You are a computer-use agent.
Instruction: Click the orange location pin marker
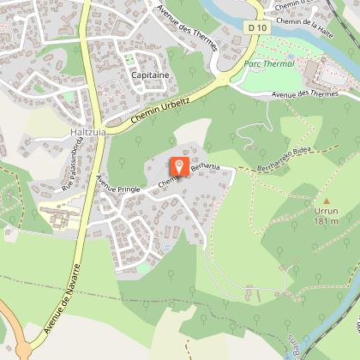click(180, 165)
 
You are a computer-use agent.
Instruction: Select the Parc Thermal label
click(267, 63)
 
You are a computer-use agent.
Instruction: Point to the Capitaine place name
click(150, 75)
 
